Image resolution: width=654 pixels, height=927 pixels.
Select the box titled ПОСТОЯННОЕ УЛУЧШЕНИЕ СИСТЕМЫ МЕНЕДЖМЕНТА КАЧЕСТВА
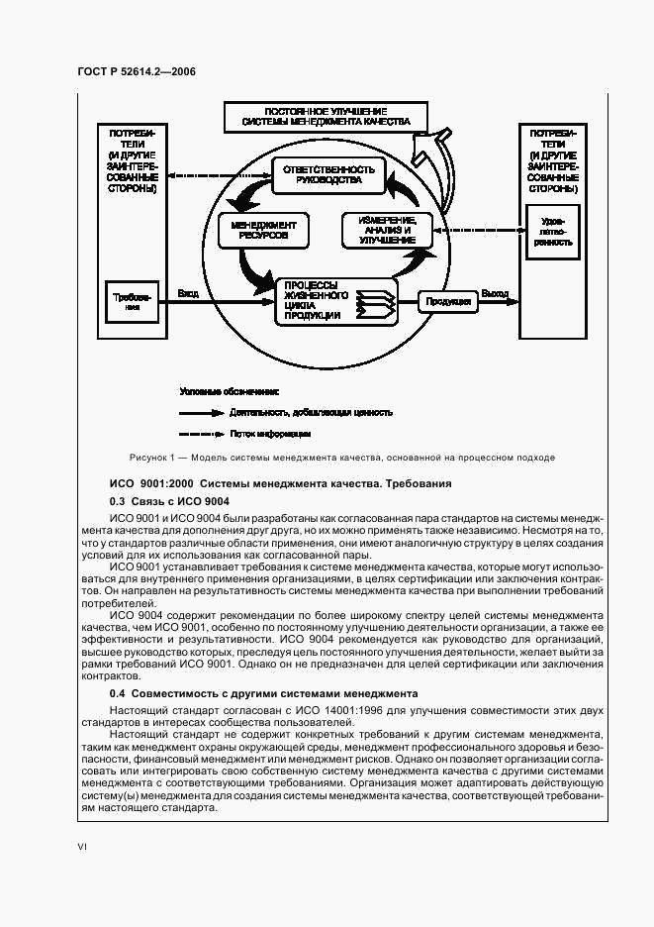tap(326, 117)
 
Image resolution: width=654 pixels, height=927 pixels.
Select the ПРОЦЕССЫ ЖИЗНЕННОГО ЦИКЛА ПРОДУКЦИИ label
tap(316, 300)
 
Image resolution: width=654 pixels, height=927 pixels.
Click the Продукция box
tap(447, 301)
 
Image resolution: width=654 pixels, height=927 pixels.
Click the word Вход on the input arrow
tap(188, 293)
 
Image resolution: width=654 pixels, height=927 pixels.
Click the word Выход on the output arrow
tap(494, 293)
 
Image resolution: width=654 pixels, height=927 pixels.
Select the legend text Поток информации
tap(270, 434)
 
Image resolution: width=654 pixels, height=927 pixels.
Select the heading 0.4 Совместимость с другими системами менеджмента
tap(263, 693)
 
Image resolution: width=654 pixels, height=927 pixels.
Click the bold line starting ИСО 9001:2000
tap(280, 483)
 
